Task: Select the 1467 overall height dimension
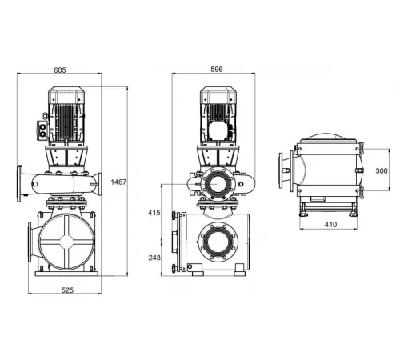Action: [118, 183]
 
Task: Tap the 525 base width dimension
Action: [67, 290]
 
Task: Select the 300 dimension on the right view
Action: [382, 170]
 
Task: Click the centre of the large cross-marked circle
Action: [66, 242]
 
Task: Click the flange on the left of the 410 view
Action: [282, 170]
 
